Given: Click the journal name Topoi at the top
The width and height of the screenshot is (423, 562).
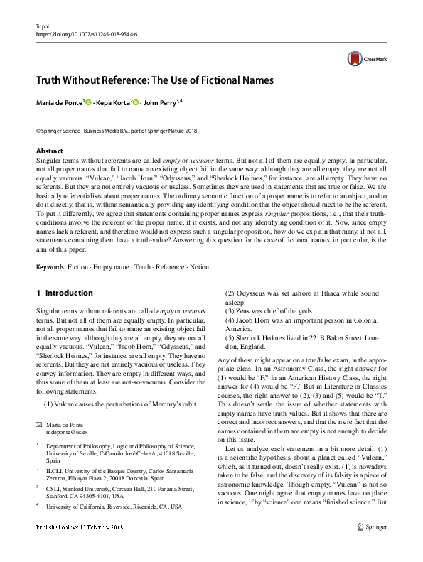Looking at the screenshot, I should pos(44,24).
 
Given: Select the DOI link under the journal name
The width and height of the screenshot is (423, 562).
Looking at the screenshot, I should pos(87,33).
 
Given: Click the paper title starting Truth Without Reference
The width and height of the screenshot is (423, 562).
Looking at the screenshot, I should pos(155,80).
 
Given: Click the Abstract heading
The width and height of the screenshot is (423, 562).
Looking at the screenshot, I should pos(49,151).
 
